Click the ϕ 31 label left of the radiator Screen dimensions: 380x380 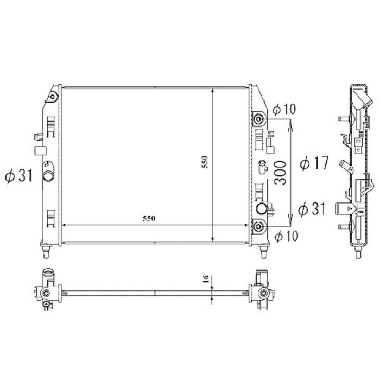18,175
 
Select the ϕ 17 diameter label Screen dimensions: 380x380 314,163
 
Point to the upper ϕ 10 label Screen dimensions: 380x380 284,109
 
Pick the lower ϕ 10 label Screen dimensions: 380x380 286,236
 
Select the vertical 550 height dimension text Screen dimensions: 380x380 205,162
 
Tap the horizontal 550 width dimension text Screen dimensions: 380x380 149,218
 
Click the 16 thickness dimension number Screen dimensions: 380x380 205,279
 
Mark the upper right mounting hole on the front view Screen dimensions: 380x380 259,119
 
